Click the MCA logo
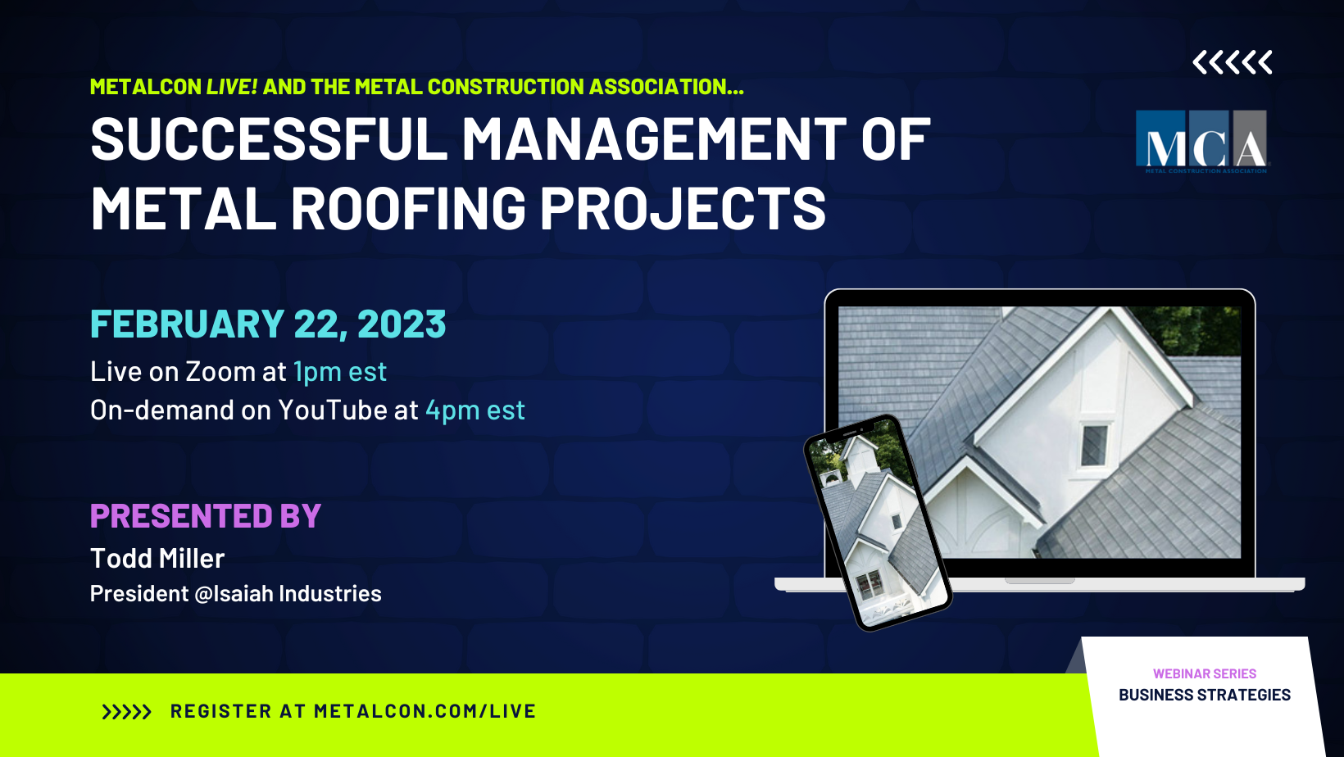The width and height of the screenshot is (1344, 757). (x=1201, y=141)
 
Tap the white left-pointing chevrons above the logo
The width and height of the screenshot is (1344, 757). (x=1232, y=62)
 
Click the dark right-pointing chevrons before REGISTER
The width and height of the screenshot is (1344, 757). (x=126, y=712)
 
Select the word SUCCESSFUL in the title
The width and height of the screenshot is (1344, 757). (x=269, y=139)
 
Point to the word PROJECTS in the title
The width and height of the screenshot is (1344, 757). (x=683, y=208)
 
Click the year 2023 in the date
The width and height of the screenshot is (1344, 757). (x=402, y=324)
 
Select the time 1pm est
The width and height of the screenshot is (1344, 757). (x=339, y=372)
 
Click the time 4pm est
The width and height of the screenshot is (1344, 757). (x=475, y=410)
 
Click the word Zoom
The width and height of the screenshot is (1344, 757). (x=220, y=372)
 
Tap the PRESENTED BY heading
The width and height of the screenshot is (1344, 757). (x=205, y=516)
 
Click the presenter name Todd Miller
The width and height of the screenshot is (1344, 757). (x=157, y=559)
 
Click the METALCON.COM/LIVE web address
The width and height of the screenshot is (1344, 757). (x=425, y=712)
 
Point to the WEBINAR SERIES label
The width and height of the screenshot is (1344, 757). (x=1204, y=673)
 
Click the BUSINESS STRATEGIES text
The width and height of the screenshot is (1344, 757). (x=1204, y=695)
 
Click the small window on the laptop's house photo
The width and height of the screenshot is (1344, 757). (x=1094, y=446)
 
